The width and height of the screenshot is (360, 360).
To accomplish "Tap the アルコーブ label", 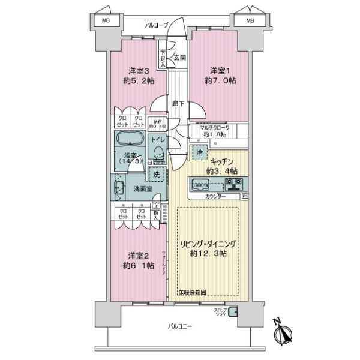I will click(156, 25).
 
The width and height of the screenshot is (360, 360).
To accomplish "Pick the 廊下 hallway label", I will click(178, 103).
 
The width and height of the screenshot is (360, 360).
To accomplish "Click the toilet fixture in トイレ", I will click(158, 154).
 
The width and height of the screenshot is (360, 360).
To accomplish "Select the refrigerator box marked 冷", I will click(199, 154).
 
